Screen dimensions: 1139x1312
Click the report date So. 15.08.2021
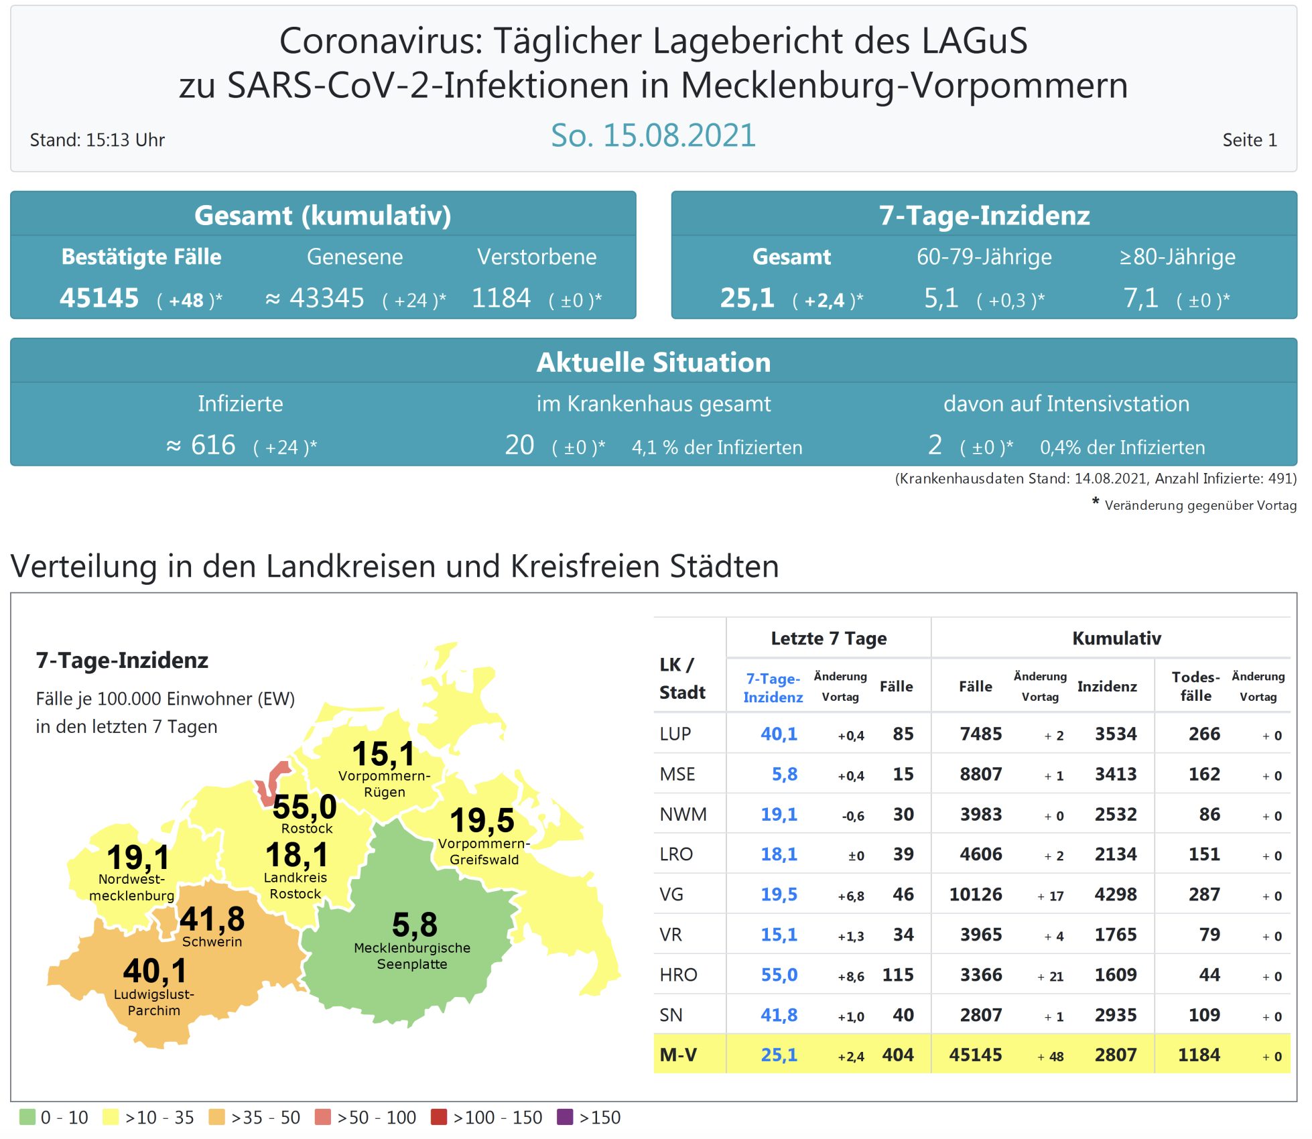click(653, 136)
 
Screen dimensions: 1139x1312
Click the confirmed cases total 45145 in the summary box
click(99, 298)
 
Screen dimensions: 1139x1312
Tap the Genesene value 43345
click(326, 298)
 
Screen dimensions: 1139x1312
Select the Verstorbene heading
click(537, 257)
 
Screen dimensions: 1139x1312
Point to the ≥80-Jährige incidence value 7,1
click(1140, 298)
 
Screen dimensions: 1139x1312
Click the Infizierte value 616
click(213, 446)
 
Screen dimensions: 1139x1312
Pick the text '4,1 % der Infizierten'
click(717, 448)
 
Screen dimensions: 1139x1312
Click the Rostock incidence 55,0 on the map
click(304, 807)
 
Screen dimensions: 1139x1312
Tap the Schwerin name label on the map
click(212, 941)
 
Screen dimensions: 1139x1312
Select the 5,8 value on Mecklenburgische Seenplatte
click(415, 925)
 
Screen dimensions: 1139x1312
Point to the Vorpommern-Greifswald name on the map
click(484, 852)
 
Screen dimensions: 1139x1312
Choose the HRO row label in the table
click(678, 975)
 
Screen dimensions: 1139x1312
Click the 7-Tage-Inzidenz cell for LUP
click(779, 734)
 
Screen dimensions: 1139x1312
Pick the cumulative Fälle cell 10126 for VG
click(976, 894)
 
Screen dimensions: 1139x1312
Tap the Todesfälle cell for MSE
click(1204, 775)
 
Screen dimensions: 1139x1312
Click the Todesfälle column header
click(1195, 686)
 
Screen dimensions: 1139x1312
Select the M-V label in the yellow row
click(678, 1055)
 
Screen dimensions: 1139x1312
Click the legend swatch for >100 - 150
click(439, 1117)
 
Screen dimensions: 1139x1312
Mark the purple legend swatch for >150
click(565, 1117)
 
